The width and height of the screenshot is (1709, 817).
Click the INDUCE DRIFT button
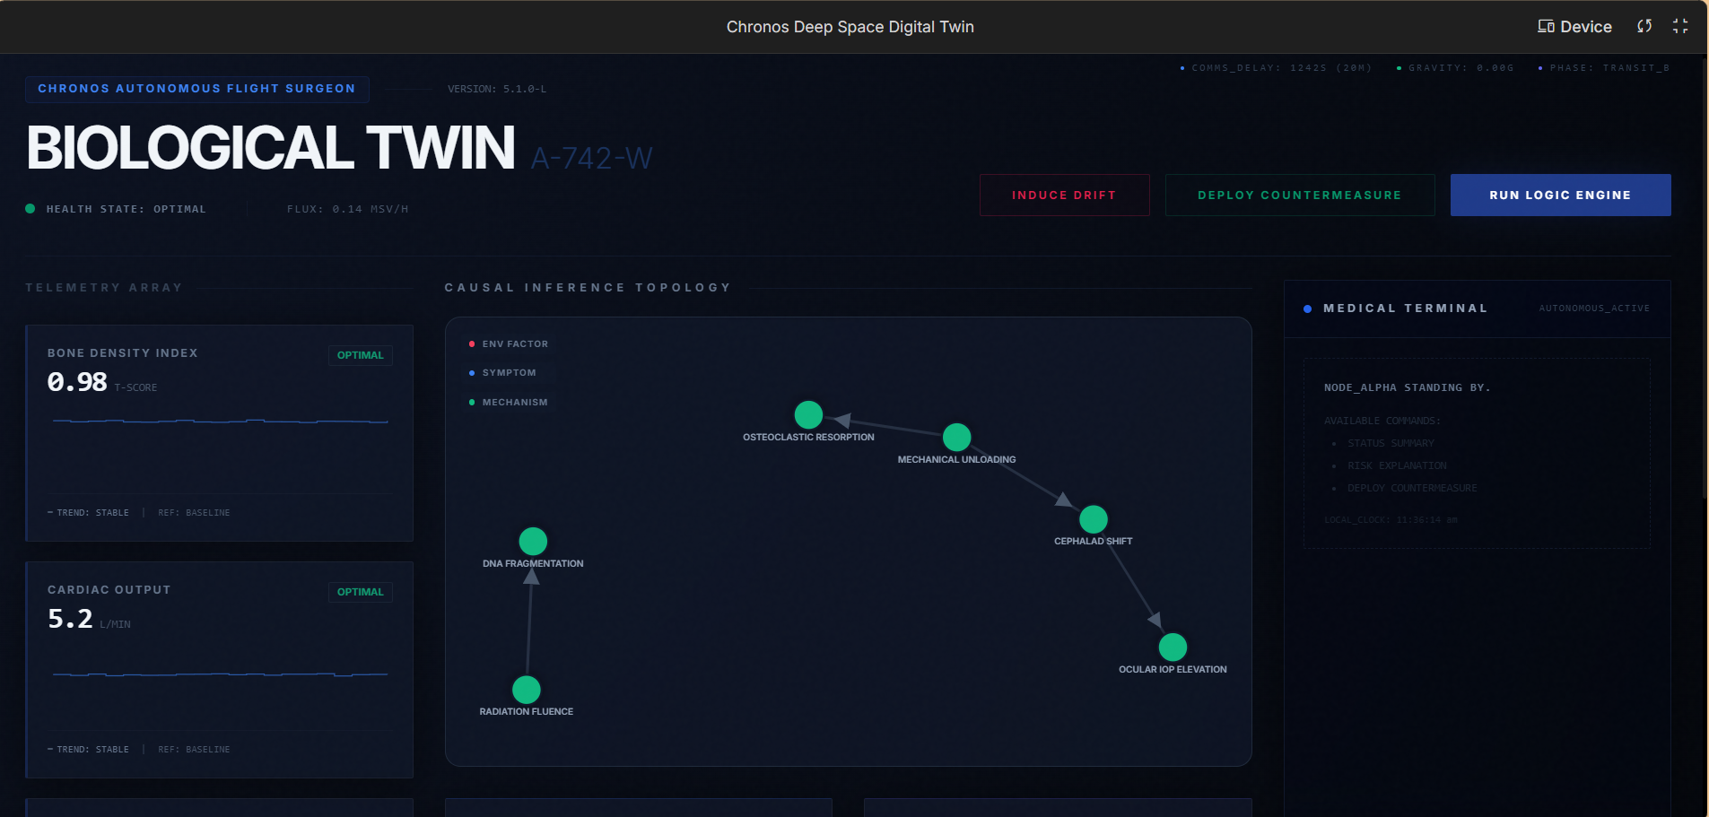1064,195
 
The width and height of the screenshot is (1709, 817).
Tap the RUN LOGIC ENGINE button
1560,195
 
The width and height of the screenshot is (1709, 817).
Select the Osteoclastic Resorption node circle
808,415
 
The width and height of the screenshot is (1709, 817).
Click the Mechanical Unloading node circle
956,438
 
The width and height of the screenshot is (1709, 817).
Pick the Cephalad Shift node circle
1093,519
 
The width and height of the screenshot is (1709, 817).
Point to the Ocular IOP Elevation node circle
1173,648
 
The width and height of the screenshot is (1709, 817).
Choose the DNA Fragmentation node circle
533,542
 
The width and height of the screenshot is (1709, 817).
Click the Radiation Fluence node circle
527,690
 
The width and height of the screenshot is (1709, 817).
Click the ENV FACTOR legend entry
514,344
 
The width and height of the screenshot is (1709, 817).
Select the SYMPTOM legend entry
509,373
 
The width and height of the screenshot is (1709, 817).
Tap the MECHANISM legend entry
514,403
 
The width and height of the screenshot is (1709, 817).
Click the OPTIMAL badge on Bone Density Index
360,355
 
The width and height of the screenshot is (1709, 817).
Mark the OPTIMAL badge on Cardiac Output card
360,592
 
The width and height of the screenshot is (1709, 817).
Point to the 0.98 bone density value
77,382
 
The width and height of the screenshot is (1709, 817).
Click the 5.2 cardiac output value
70,619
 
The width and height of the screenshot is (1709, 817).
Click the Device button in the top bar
1574,27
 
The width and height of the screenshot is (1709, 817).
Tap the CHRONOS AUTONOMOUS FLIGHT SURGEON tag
196,89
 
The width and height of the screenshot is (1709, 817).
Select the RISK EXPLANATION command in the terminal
1397,465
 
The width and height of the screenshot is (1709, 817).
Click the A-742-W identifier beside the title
591,159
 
